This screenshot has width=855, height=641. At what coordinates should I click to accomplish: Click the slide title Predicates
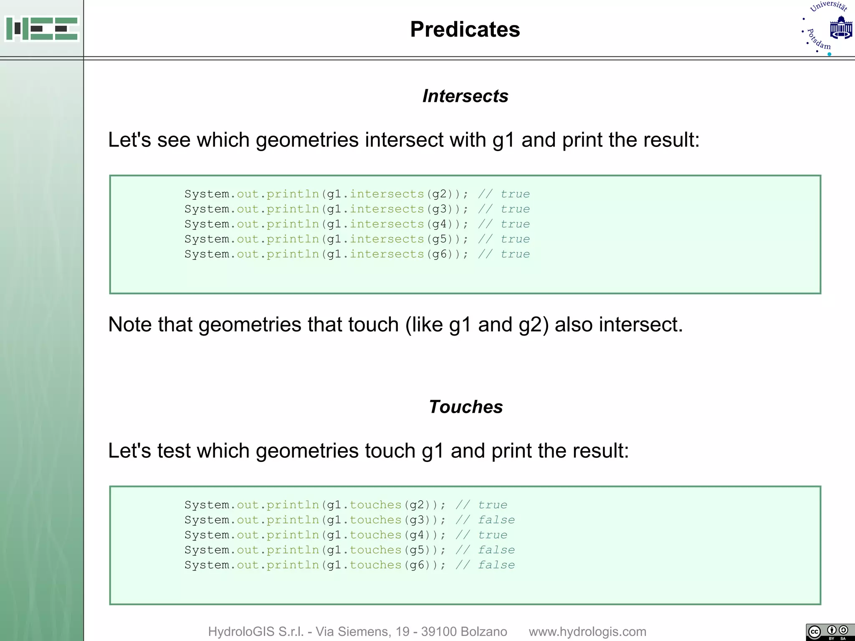point(465,30)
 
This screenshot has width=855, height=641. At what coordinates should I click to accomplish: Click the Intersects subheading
point(465,96)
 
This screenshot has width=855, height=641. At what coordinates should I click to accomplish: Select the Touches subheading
point(465,407)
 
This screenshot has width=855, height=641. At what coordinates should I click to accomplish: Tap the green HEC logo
point(42,28)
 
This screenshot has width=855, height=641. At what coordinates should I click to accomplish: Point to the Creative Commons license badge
point(830,632)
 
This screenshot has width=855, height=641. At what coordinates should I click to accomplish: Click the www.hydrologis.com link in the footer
point(587,631)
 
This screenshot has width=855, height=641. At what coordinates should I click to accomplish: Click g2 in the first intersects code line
point(439,194)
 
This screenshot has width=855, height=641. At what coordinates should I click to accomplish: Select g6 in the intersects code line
point(439,254)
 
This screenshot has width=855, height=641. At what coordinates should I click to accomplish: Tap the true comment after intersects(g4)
point(515,224)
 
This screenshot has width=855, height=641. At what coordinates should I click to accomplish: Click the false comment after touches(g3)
point(496,520)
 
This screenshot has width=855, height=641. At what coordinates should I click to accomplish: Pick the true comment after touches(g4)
point(493,535)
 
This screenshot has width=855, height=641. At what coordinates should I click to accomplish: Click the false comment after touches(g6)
point(496,565)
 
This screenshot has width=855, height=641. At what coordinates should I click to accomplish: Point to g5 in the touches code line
point(417,550)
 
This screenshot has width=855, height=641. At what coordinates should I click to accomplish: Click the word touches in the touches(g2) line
point(375,505)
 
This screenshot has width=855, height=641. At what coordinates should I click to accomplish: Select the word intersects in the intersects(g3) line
point(387,209)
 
